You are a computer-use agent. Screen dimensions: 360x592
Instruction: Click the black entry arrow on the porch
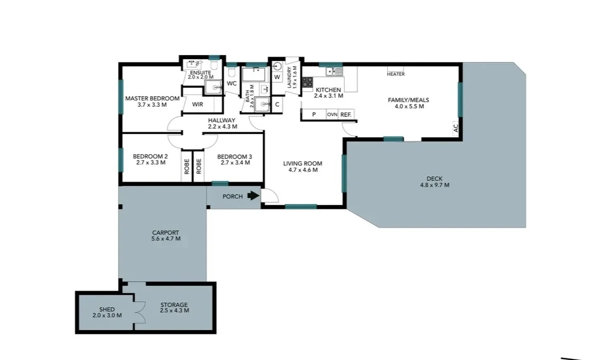[253, 196]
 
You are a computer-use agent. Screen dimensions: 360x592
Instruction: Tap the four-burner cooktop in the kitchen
[307, 82]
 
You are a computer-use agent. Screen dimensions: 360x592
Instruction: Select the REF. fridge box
[346, 114]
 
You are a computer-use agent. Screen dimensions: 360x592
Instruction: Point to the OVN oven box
[332, 114]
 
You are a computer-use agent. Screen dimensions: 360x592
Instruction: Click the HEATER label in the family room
[396, 74]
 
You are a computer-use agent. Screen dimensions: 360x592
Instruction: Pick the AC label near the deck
[455, 128]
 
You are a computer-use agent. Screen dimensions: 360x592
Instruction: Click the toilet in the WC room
[232, 71]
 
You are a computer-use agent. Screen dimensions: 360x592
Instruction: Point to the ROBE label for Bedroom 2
[187, 167]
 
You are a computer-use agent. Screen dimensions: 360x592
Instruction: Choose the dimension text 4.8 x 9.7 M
[435, 185]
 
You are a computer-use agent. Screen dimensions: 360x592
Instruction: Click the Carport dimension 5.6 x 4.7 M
[165, 239]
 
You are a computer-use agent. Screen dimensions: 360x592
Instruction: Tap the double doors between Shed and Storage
[139, 312]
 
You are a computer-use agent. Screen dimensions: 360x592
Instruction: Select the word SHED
[107, 309]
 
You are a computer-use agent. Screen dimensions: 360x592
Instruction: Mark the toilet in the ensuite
[213, 66]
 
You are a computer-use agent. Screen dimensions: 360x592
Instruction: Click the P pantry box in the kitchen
[314, 114]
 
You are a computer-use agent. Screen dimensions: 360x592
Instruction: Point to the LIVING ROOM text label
[303, 163]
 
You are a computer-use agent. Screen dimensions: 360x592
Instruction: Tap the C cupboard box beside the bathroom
[277, 105]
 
